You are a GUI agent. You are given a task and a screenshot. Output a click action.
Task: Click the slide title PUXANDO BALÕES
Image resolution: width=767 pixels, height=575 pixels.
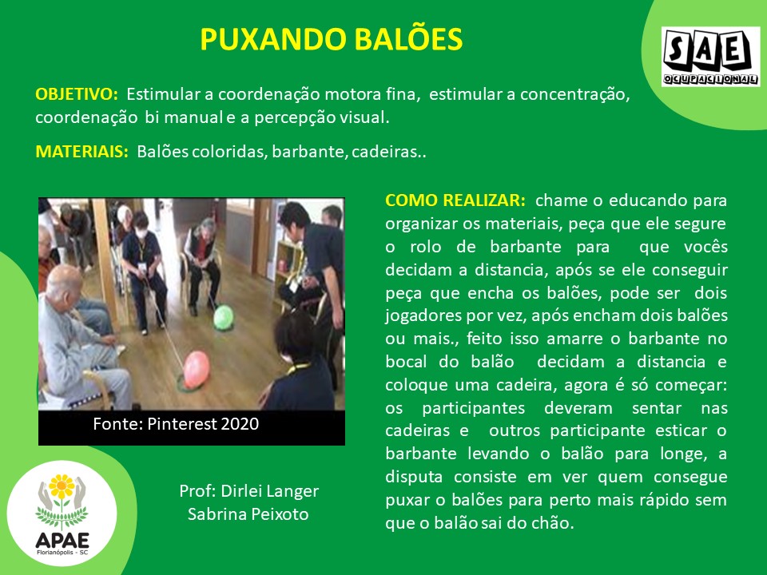[331, 39]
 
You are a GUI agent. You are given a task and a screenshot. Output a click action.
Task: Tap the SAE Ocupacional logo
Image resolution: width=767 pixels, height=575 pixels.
[711, 57]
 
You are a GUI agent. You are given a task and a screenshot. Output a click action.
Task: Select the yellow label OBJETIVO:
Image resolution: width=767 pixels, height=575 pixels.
[77, 94]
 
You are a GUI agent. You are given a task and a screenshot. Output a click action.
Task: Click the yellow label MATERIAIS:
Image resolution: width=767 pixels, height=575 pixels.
[81, 152]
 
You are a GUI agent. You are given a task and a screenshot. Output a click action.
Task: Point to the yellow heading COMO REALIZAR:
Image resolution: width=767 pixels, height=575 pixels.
[455, 200]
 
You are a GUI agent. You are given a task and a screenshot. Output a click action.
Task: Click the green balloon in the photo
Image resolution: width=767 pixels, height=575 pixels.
[224, 317]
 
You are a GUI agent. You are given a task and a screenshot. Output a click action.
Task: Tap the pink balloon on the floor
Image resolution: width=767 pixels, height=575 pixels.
[197, 370]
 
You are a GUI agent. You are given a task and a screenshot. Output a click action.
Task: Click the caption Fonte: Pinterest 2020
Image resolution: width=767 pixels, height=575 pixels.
[176, 423]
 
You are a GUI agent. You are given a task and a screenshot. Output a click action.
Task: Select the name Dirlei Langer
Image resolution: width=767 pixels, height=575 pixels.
[269, 491]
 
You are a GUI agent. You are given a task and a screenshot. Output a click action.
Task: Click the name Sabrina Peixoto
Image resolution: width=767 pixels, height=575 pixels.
[248, 514]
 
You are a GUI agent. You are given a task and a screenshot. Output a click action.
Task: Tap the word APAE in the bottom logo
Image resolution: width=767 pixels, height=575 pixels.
[62, 541]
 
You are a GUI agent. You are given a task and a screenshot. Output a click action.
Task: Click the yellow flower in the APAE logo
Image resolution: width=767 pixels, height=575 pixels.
[62, 486]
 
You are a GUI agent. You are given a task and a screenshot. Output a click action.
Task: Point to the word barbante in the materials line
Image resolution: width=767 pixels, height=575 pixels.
[309, 152]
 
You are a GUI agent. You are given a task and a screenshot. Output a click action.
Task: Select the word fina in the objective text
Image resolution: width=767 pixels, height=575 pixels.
[403, 94]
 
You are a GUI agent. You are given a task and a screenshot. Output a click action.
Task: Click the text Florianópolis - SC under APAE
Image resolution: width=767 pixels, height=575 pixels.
[62, 553]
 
